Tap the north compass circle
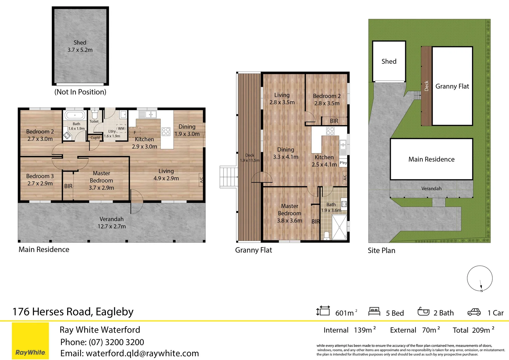480,266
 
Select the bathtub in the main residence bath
75,115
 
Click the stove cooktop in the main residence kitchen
166,131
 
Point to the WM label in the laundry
121,128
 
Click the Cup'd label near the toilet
95,138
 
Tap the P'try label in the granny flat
343,163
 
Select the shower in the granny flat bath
339,227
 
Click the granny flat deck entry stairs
229,177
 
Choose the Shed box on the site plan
389,61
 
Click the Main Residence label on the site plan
431,159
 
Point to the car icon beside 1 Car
474,312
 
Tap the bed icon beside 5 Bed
374,311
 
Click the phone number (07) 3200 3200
116,342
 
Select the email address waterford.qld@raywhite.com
142,353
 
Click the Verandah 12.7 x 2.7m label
112,223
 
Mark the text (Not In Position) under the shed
80,92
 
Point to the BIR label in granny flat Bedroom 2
334,121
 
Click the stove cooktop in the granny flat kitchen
330,131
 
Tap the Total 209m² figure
474,330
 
